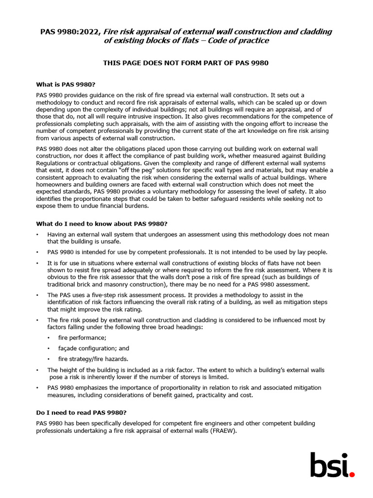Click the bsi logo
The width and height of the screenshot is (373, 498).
click(x=333, y=465)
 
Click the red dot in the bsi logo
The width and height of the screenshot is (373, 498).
click(x=352, y=474)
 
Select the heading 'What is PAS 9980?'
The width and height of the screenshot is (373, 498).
click(x=65, y=84)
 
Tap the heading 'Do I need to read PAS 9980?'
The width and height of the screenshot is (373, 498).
click(x=81, y=412)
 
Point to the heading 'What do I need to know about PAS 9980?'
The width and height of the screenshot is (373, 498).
click(x=102, y=224)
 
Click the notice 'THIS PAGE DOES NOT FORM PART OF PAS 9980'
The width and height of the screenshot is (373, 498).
click(x=186, y=63)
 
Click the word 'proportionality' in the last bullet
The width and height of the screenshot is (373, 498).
click(x=172, y=388)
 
